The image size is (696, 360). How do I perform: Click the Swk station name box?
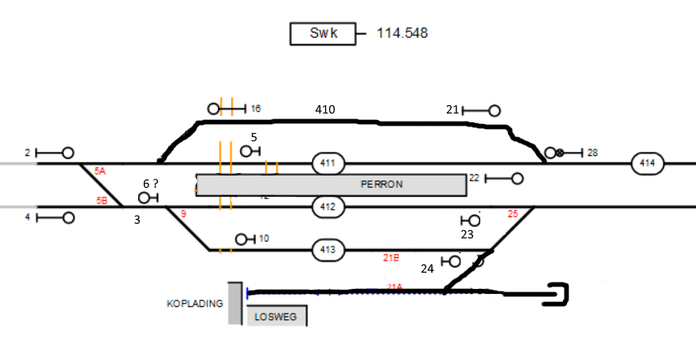point(323,34)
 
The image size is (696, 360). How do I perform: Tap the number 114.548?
point(402,33)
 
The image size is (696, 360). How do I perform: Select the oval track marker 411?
point(328,163)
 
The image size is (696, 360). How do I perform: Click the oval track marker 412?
point(328,207)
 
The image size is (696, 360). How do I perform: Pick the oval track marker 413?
point(328,249)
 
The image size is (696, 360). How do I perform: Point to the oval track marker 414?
point(647,163)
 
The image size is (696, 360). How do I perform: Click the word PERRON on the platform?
point(381,184)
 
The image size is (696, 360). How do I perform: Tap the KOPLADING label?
point(194,304)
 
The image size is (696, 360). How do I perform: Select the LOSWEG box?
point(277,317)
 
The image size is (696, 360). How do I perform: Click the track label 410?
point(325,109)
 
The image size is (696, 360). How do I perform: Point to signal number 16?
point(256,109)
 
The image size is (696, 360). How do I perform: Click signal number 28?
point(592,153)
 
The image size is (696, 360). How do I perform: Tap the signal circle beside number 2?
point(69,153)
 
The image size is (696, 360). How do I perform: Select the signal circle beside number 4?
point(69,218)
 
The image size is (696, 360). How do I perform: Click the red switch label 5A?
point(100,171)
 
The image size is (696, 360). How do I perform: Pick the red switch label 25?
point(513,214)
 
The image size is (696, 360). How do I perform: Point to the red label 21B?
point(391,258)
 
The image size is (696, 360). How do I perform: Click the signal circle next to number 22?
point(517,178)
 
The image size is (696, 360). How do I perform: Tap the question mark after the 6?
point(155,184)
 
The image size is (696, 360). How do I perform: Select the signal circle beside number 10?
point(241,239)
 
